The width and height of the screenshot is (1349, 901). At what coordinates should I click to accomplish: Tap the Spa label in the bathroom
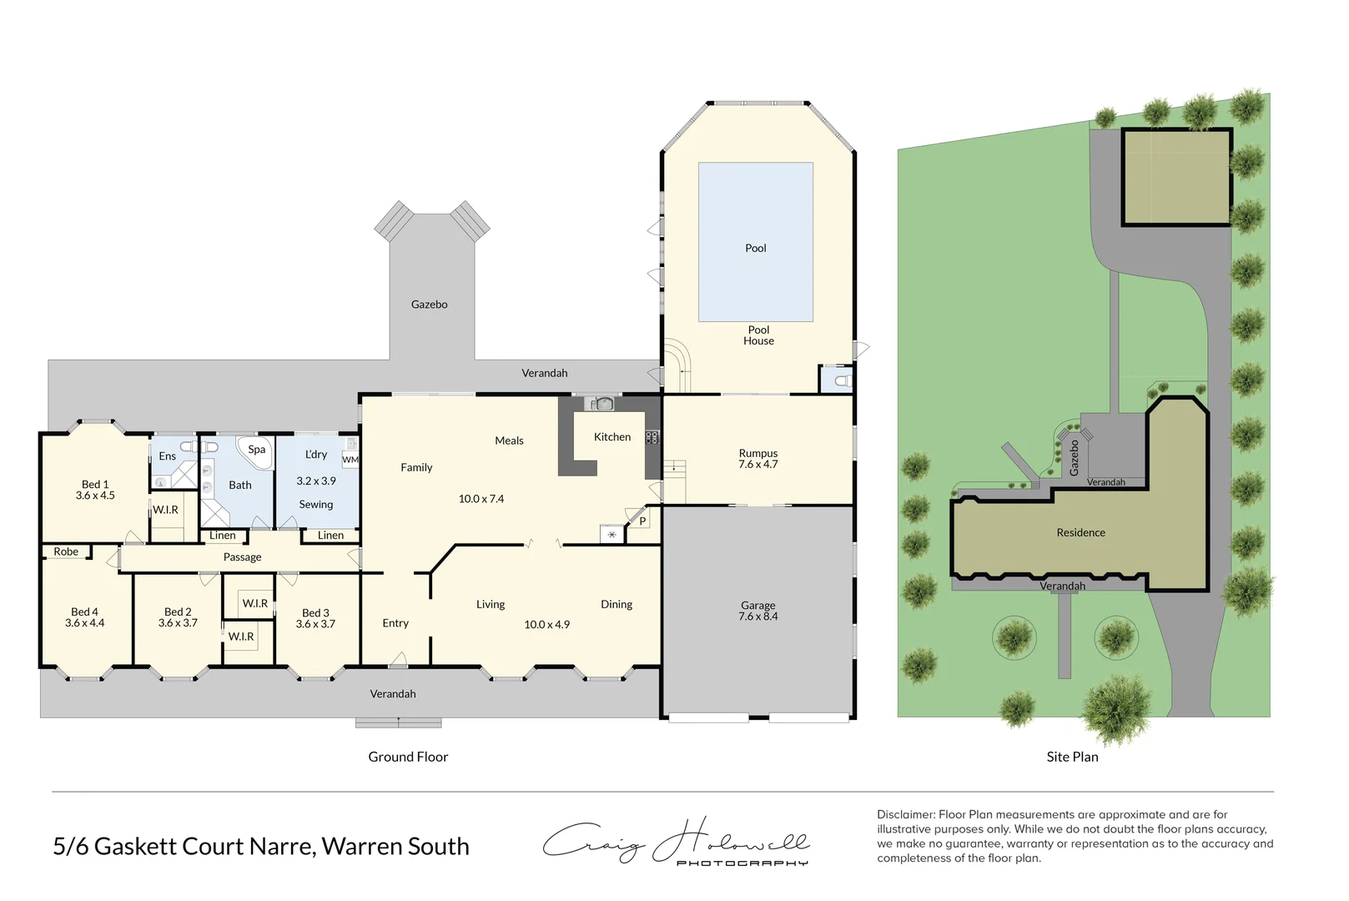coord(256,449)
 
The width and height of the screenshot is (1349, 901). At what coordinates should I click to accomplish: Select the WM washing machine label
coord(350,460)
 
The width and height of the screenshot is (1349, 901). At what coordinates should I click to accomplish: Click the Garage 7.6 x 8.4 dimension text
coord(758,617)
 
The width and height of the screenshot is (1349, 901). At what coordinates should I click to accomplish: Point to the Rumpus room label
coord(758,453)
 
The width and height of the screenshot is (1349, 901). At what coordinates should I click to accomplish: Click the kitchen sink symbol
coord(602,405)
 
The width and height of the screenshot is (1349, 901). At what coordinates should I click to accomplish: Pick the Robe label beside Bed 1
coord(66,551)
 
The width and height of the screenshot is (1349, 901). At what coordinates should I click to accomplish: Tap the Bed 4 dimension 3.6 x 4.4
coord(84,623)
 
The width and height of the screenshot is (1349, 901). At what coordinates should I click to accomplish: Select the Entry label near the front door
coord(395,623)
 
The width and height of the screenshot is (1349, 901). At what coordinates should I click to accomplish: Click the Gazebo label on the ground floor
coord(429,305)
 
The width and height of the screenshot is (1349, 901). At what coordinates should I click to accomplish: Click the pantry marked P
coord(642,521)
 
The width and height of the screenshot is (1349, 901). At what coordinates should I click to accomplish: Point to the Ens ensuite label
coord(168,456)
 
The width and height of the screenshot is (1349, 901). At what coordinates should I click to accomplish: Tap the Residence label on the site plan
coord(1080,532)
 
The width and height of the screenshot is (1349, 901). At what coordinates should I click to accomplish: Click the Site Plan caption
coord(1072,757)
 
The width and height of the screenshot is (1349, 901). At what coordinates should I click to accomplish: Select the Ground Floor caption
coord(408,757)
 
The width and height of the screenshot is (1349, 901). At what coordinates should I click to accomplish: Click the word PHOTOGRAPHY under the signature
coord(742,863)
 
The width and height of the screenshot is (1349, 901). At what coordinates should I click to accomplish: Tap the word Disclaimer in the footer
coord(905,814)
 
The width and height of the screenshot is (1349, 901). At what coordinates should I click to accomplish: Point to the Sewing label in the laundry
coord(315,505)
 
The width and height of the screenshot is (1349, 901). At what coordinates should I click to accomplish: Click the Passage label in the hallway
coord(242,557)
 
